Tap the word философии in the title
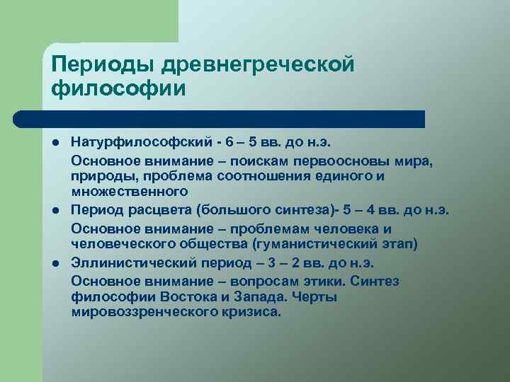(118, 91)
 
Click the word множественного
(130, 191)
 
